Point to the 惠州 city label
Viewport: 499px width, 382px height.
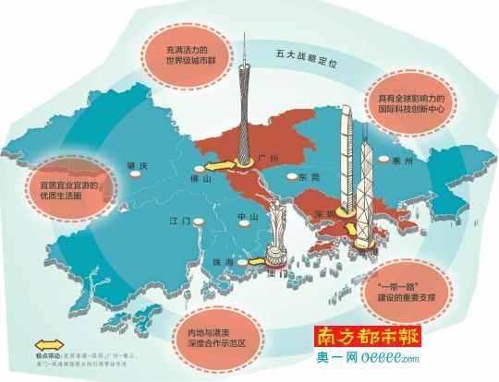425,160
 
